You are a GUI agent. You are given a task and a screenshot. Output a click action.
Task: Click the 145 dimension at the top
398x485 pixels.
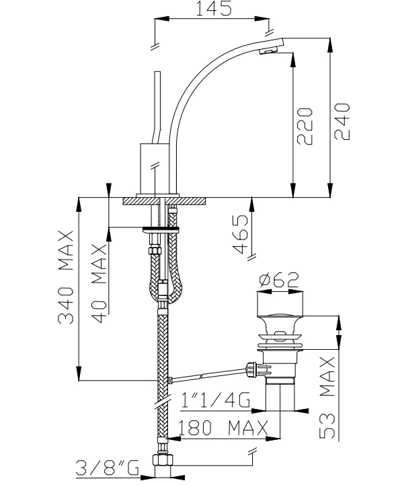(x=214, y=8)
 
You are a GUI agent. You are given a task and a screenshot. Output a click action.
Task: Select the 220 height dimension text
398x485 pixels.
(x=305, y=126)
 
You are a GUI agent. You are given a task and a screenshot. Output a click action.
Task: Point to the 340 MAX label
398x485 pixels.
(x=66, y=277)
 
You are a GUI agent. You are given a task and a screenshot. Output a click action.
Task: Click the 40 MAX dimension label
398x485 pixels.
(x=99, y=283)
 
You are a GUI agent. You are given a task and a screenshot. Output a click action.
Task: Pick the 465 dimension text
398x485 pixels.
(x=240, y=234)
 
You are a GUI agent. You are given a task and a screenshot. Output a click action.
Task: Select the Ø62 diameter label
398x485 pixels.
(x=279, y=280)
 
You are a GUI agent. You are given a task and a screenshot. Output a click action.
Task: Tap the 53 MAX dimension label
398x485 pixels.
(x=327, y=398)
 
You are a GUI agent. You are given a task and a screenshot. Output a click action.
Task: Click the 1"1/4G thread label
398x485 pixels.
(x=216, y=400)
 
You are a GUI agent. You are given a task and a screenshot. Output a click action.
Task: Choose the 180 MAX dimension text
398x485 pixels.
(x=223, y=427)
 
